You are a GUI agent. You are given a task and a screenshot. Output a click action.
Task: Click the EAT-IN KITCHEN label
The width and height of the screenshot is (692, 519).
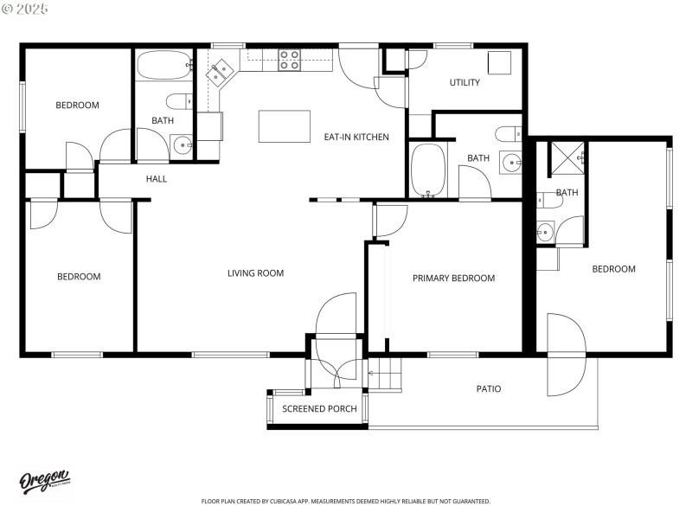coord(356,137)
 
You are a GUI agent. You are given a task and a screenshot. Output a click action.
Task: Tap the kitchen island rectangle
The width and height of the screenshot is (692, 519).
coord(285,126)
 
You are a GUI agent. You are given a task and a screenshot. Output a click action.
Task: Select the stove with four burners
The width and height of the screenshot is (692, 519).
coord(289,60)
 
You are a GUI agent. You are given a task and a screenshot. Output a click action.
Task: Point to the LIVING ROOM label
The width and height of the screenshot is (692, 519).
coord(255,273)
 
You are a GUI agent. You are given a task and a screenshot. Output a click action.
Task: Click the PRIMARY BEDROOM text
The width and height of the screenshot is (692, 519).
coord(453,278)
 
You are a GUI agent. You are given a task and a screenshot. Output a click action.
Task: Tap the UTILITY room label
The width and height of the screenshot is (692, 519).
coord(465,83)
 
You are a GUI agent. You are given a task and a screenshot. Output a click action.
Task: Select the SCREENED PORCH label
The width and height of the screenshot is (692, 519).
coord(319,408)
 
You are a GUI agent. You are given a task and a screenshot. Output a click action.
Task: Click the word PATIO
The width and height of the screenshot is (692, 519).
coord(489,388)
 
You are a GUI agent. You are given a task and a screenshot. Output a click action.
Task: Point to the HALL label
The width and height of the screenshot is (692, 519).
coord(157,179)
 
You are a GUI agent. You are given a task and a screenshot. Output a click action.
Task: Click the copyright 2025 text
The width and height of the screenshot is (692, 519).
coord(25,9)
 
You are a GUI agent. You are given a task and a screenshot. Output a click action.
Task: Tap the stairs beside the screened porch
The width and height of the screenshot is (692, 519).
coord(386,375)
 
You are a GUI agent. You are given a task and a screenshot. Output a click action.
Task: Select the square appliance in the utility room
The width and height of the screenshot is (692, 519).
coord(499,63)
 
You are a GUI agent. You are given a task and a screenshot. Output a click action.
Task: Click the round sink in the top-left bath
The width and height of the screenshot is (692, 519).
coord(182,144)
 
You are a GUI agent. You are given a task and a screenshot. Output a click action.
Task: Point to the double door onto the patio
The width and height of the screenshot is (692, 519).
coord(567,355)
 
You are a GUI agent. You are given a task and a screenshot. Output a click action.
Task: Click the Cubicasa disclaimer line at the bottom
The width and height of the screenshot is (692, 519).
coord(345,501)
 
